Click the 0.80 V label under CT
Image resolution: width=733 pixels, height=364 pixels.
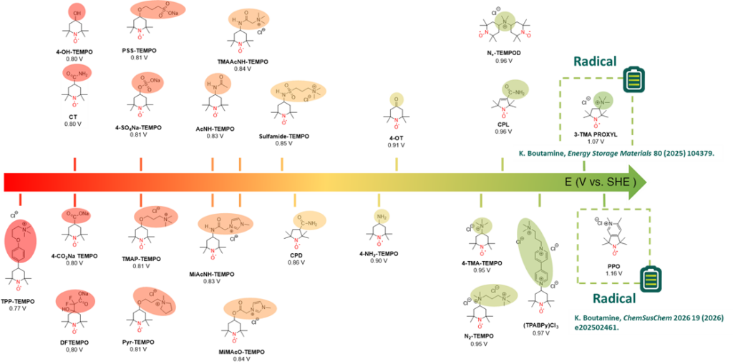tap(75, 122)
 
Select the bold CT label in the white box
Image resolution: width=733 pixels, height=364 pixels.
tap(75, 115)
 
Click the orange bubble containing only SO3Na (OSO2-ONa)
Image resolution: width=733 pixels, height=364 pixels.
tap(147, 82)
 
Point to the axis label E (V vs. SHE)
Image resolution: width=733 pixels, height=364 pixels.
tap(599, 182)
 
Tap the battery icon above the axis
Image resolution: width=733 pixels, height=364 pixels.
tap(633, 79)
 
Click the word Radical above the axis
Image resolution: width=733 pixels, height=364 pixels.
tap(594, 62)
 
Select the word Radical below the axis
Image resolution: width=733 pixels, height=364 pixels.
tap(613, 298)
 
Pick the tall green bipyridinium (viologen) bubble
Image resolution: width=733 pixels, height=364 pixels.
tap(536, 252)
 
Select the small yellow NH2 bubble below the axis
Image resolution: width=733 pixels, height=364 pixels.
tap(382, 216)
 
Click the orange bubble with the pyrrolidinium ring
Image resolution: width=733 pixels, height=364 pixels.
tap(154, 301)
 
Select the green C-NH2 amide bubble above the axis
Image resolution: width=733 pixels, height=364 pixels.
tap(515, 89)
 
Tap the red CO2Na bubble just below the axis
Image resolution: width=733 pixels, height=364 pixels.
tap(77, 215)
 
